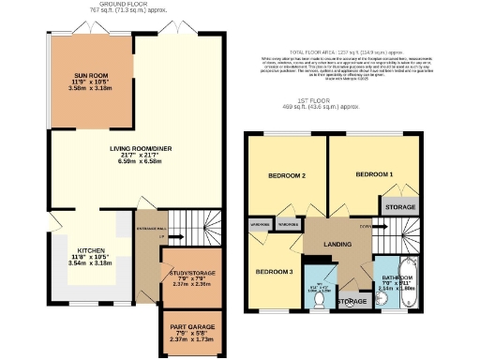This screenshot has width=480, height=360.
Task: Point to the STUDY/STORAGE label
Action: (196, 272)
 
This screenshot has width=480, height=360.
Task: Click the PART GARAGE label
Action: (196, 326)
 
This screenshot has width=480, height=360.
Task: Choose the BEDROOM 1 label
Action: (372, 175)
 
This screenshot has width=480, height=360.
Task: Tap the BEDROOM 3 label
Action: (275, 272)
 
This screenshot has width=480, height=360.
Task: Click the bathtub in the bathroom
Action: (413, 281)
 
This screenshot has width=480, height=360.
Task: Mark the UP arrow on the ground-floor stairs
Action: (162, 236)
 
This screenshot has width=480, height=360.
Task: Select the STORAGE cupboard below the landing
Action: (352, 301)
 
